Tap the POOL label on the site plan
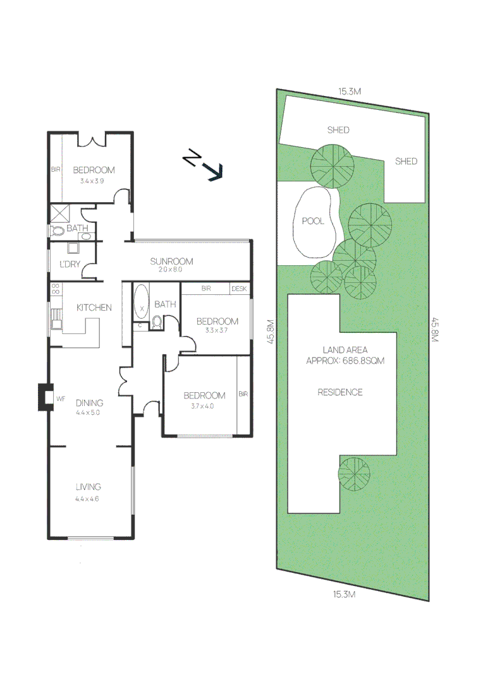pyautogui.click(x=313, y=221)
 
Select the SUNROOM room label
pyautogui.click(x=171, y=261)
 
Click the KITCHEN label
pyautogui.click(x=94, y=308)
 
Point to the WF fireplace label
pyautogui.click(x=61, y=398)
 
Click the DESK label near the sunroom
pyautogui.click(x=239, y=289)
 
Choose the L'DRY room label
pyautogui.click(x=70, y=264)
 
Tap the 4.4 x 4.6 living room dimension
pyautogui.click(x=88, y=498)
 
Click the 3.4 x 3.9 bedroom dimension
pyautogui.click(x=93, y=181)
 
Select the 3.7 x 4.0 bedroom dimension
pyautogui.click(x=204, y=407)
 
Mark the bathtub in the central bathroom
pyautogui.click(x=141, y=302)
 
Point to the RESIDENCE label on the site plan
pyautogui.click(x=340, y=392)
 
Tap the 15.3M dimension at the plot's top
pyautogui.click(x=349, y=92)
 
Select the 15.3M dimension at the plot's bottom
pyautogui.click(x=344, y=594)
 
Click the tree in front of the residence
pyautogui.click(x=353, y=474)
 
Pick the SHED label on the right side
pyautogui.click(x=406, y=161)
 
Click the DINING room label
pyautogui.click(x=89, y=403)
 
